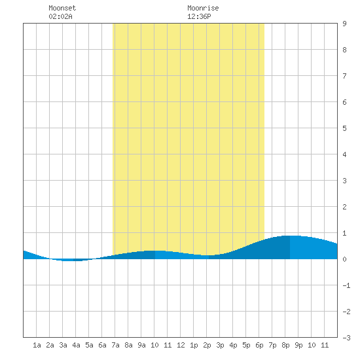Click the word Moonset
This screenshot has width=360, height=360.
(x=62, y=8)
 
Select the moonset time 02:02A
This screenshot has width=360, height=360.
(x=60, y=16)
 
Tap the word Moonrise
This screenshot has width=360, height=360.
(x=203, y=8)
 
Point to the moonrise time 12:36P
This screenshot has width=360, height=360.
(x=199, y=16)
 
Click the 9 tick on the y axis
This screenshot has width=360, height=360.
(x=344, y=24)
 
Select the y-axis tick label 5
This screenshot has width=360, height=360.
(x=344, y=128)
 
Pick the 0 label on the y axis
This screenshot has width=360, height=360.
(x=344, y=259)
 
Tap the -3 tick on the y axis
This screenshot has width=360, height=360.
(x=346, y=338)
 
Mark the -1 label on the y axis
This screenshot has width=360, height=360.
(x=346, y=285)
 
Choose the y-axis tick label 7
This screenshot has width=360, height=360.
(x=344, y=76)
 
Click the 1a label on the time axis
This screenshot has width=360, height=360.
(x=37, y=345)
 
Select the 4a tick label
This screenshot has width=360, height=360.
(x=76, y=345)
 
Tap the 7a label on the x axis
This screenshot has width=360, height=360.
(x=115, y=345)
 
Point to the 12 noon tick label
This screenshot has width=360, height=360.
(x=181, y=345)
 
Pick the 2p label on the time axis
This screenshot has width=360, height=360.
(x=207, y=345)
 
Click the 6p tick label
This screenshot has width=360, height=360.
(x=259, y=345)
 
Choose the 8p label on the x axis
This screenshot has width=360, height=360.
(x=285, y=345)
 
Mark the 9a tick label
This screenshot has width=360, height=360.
(x=141, y=345)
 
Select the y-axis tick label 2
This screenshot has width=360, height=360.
(x=344, y=207)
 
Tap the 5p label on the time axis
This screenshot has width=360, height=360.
(x=246, y=345)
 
